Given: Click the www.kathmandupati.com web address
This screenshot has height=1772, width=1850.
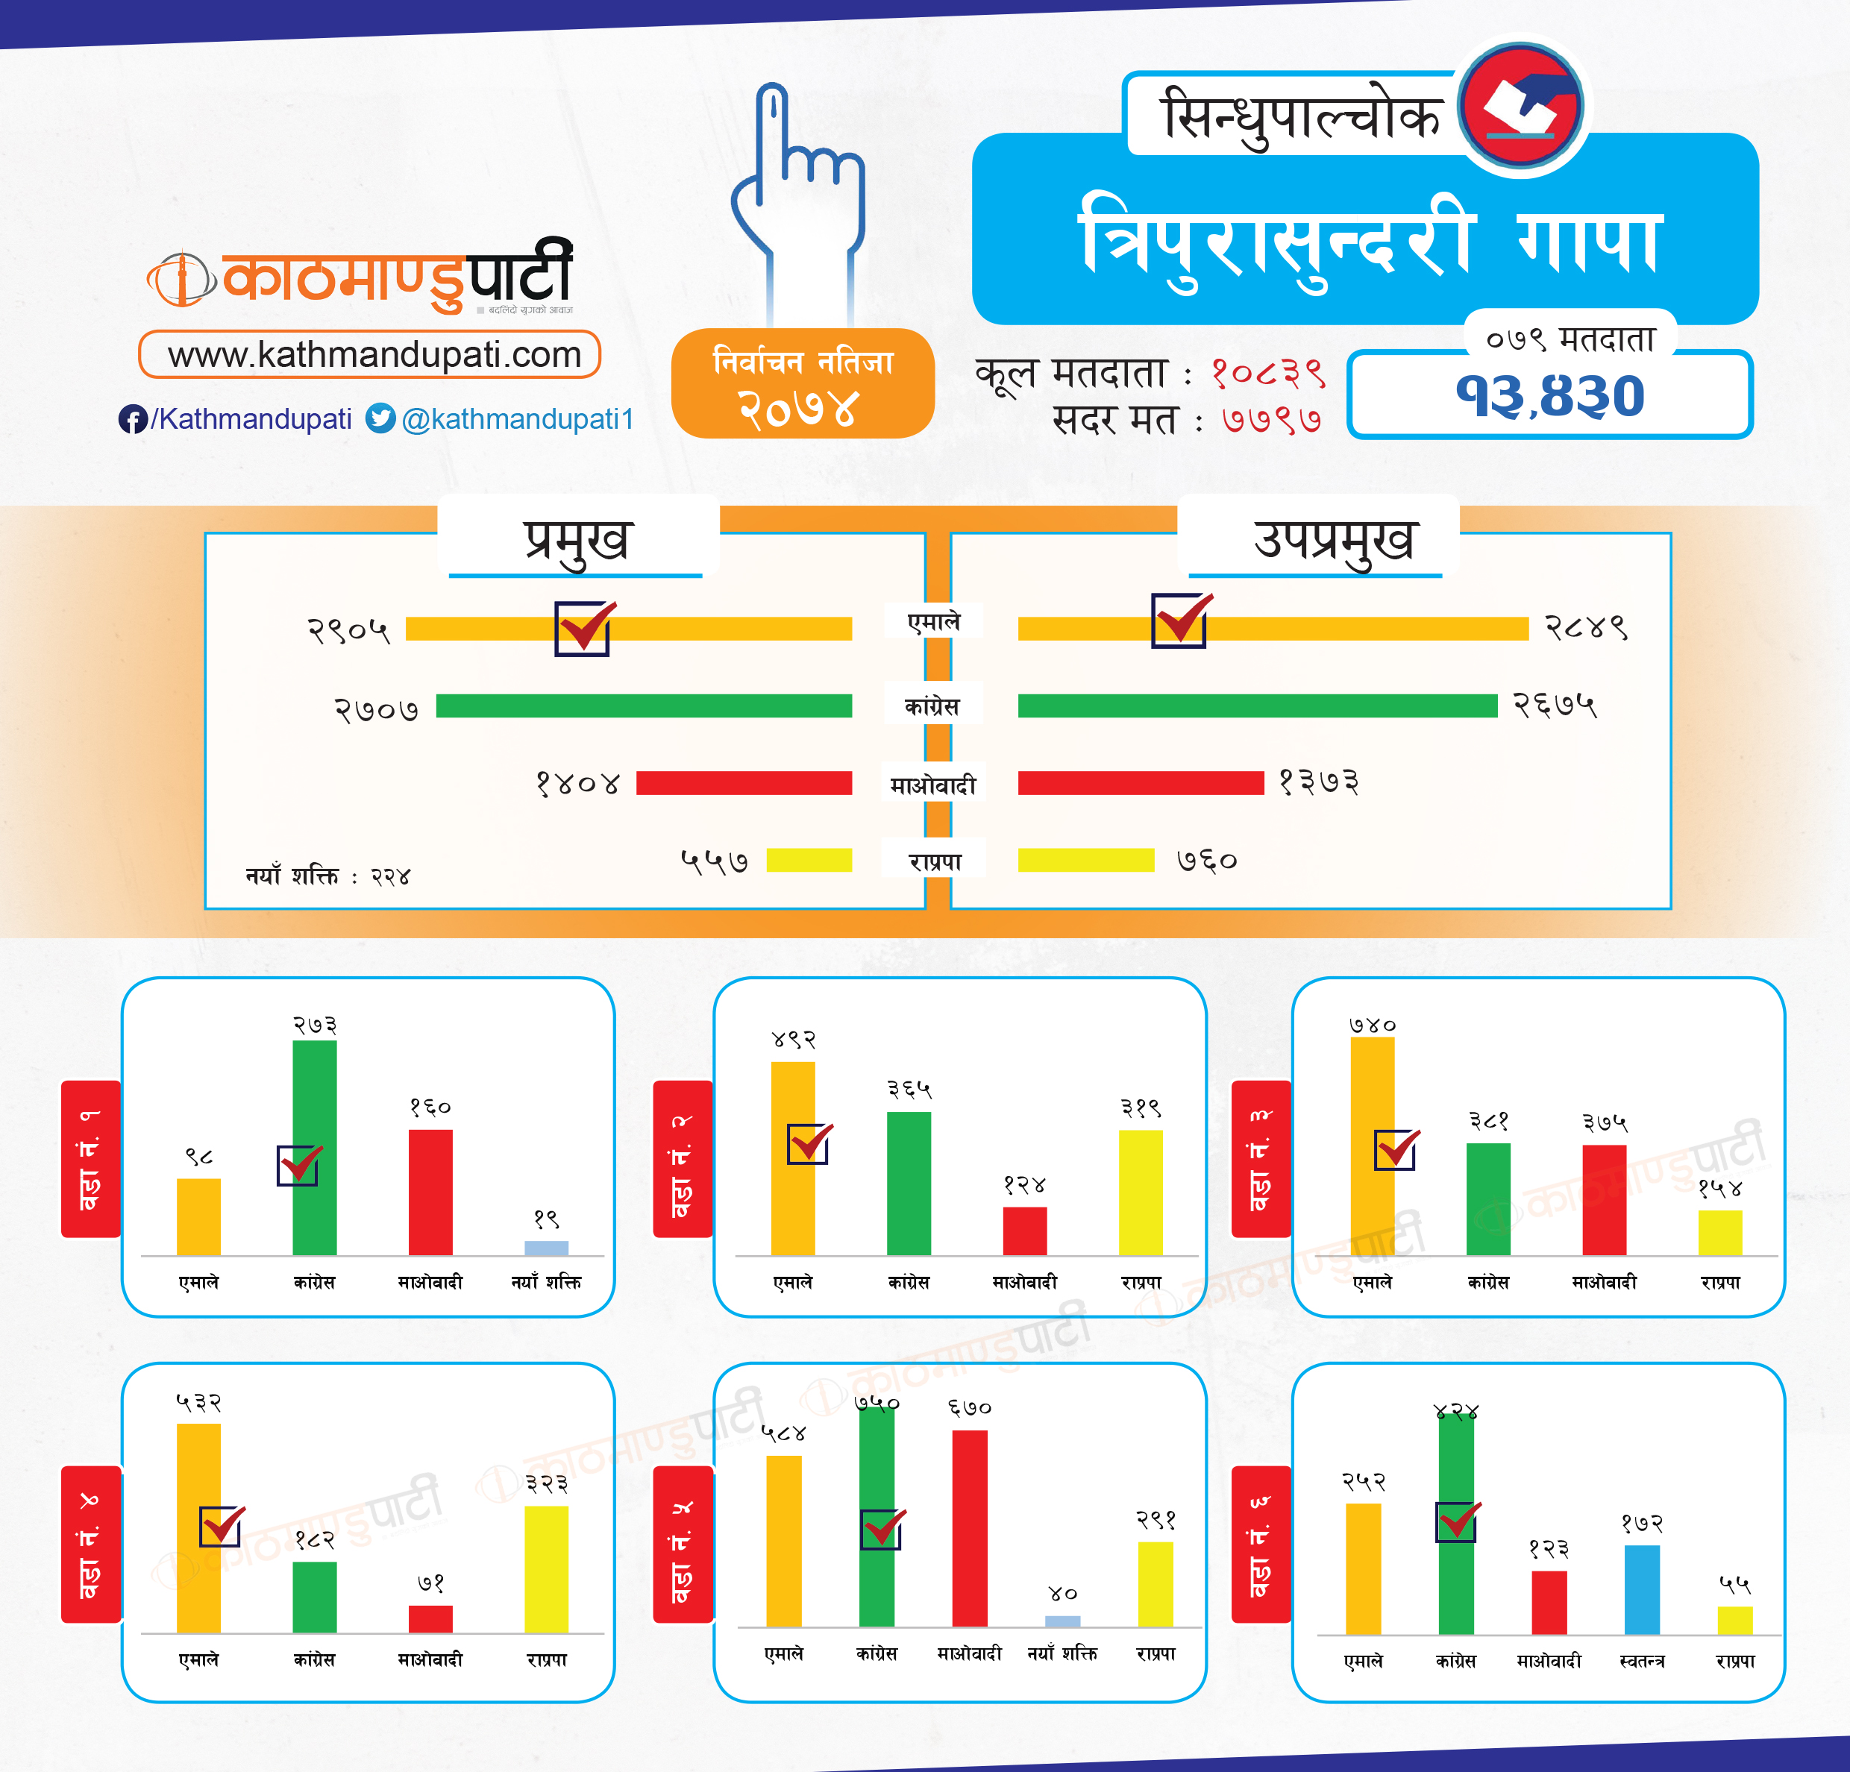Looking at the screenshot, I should (374, 355).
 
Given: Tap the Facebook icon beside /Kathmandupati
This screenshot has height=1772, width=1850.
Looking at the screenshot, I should (131, 419).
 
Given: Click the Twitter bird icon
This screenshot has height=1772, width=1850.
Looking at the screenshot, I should (380, 418).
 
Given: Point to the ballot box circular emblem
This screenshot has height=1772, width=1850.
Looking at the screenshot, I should (1520, 107).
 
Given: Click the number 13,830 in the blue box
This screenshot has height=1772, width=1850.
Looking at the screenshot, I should (1550, 395).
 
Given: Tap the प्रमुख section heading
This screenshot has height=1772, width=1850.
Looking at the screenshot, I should (577, 540).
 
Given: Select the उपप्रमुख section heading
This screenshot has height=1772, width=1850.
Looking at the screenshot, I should (1333, 540).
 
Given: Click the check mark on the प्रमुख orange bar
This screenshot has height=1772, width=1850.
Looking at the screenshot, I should (583, 627).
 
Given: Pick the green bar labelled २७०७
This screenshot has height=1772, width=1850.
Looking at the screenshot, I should (644, 706).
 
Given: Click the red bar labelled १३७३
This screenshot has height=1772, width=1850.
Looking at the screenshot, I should (1140, 783).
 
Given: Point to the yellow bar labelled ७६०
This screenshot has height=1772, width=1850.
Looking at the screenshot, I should (1085, 860).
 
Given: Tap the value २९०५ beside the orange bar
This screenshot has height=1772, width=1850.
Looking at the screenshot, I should (348, 629).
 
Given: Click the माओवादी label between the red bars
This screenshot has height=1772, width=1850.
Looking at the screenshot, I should (932, 784).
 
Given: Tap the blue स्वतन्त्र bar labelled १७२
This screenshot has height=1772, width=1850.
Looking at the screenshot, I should (1641, 1589).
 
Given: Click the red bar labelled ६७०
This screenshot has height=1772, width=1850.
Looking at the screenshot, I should (969, 1529).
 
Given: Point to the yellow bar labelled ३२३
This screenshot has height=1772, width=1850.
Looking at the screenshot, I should (547, 1568).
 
